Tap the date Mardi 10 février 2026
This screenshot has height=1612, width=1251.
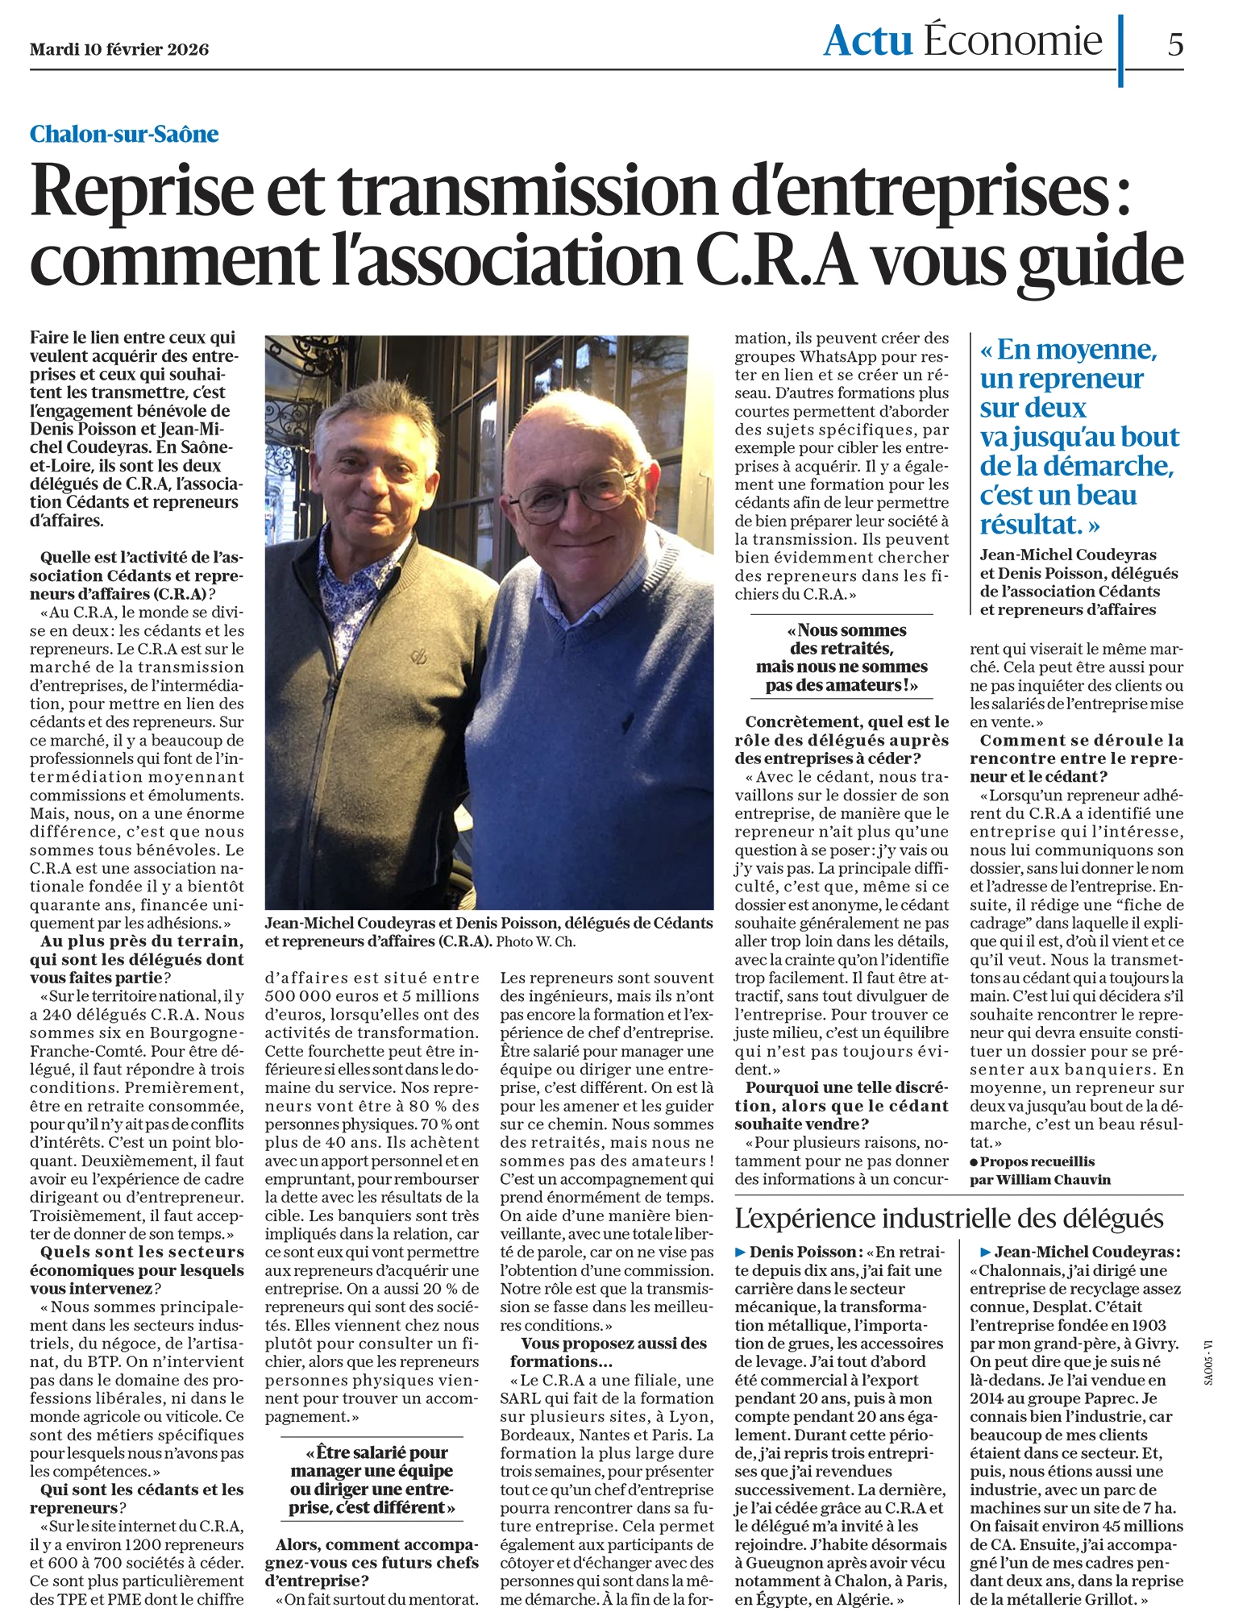(119, 50)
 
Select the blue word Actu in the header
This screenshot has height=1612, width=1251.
(867, 40)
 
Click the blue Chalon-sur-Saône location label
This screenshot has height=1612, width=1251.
(124, 134)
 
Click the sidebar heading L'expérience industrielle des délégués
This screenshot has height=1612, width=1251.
(949, 1218)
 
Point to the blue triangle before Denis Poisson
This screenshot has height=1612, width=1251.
(741, 1252)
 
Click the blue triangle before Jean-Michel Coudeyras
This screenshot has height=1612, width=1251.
(985, 1252)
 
